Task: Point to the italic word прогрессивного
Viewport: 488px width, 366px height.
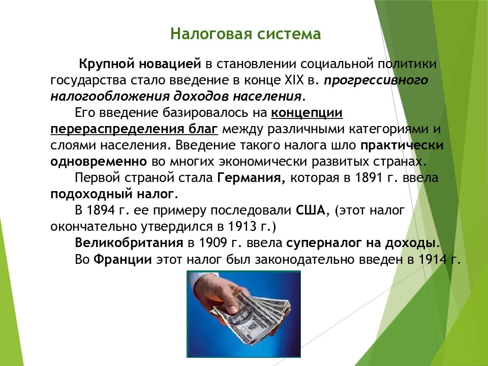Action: (376, 81)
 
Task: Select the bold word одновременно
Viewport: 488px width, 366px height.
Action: (99, 162)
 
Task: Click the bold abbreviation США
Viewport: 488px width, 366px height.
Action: (310, 210)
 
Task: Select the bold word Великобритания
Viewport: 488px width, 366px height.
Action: (129, 243)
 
